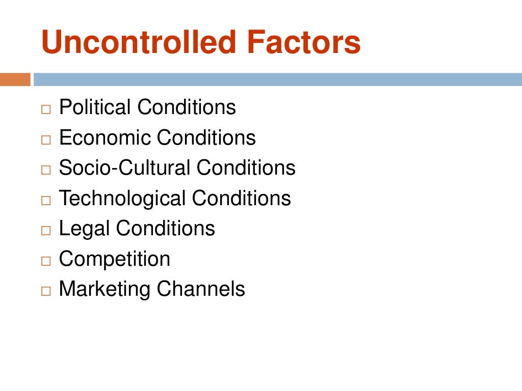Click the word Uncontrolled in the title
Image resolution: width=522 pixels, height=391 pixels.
(x=139, y=43)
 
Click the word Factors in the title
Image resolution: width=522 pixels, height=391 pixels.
(x=304, y=43)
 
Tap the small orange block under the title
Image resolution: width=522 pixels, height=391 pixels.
(x=15, y=80)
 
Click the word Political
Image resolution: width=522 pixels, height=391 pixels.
(x=95, y=108)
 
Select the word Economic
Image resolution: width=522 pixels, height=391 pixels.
(x=105, y=138)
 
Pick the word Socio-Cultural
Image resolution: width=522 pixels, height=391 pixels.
(x=125, y=168)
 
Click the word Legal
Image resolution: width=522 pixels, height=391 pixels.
(x=84, y=229)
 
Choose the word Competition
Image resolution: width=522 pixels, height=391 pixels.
(x=115, y=259)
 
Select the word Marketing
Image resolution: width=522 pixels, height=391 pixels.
(x=105, y=290)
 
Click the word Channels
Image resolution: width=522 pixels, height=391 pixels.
(x=201, y=290)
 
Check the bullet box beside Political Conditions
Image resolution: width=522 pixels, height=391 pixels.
(x=46, y=109)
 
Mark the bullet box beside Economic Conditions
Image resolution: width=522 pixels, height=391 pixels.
(x=46, y=139)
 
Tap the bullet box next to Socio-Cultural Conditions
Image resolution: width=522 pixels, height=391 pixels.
(x=46, y=170)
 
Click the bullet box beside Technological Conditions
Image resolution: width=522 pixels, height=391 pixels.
(x=46, y=200)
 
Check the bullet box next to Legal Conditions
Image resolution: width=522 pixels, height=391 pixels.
(x=46, y=231)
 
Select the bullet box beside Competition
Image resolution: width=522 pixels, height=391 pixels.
(x=46, y=261)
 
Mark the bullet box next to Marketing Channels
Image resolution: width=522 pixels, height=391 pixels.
(x=46, y=291)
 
